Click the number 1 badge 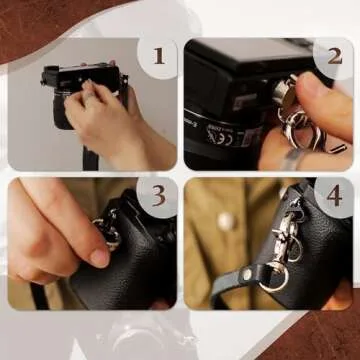[157, 57]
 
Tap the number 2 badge [333, 57]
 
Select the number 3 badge [157, 197]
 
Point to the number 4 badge [333, 197]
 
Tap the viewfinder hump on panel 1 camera [51, 73]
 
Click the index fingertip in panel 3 [98, 257]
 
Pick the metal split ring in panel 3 [109, 236]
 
